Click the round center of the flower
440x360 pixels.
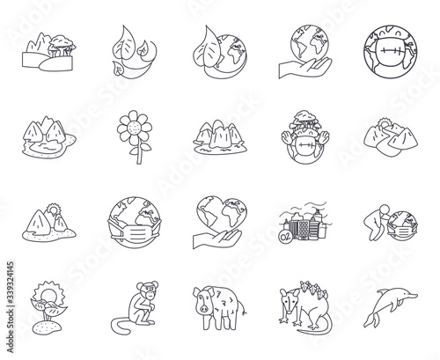point(135,128)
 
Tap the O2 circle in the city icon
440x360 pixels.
point(285,236)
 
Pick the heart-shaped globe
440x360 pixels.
point(222,213)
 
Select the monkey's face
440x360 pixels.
point(150,290)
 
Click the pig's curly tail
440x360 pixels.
point(242,309)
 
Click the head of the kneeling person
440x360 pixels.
point(384,209)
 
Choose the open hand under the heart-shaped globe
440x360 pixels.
point(217,239)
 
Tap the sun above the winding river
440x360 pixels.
point(383,123)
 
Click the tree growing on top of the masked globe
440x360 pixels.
point(305,120)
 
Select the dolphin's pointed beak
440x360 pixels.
point(413,296)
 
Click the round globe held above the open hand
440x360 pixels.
point(310,44)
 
